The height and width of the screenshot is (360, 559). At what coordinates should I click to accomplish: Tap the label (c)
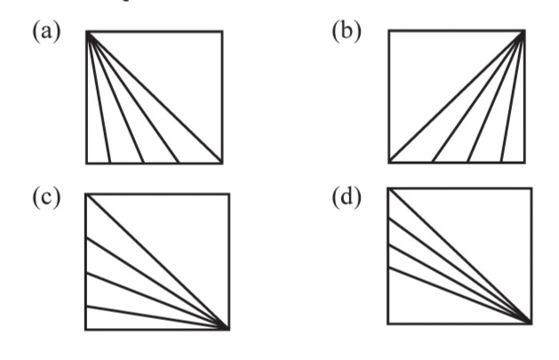(46, 197)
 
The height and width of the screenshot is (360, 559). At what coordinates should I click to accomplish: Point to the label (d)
(347, 197)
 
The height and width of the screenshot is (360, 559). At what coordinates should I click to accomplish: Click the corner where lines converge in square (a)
(87, 32)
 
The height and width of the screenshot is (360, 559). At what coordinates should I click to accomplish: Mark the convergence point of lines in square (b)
(523, 32)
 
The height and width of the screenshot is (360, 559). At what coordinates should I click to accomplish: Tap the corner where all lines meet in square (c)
(228, 330)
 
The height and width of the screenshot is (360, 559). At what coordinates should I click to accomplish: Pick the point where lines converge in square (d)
(531, 323)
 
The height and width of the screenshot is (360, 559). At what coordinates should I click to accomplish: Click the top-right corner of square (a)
(221, 32)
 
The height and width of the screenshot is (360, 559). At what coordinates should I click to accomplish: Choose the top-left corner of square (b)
(389, 32)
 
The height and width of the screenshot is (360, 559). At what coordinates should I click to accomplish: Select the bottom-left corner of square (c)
(86, 330)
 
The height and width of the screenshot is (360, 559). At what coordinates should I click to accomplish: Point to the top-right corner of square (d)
(531, 188)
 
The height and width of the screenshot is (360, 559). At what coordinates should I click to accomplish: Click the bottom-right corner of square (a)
(221, 164)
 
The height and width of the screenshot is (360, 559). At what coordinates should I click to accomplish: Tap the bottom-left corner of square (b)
(389, 164)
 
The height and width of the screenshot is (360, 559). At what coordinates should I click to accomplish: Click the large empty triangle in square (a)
(178, 76)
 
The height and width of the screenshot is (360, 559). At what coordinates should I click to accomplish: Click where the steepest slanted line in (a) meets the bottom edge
(109, 164)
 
